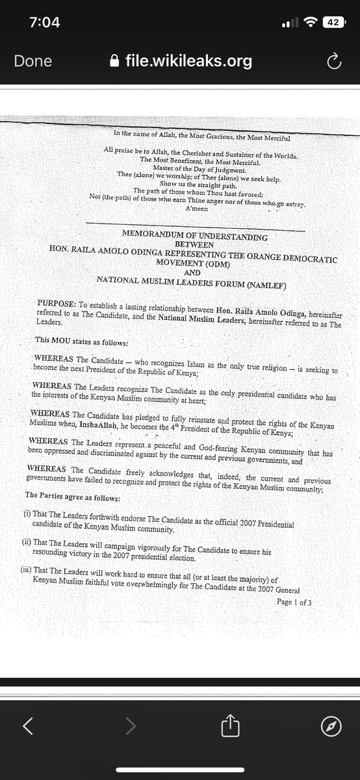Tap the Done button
33,61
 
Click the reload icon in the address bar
333,61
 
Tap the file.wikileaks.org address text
188,61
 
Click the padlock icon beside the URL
115,61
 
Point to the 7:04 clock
45,22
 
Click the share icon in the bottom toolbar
231,727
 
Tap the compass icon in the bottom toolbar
331,727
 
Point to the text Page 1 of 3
294,602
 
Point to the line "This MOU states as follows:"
81,339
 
